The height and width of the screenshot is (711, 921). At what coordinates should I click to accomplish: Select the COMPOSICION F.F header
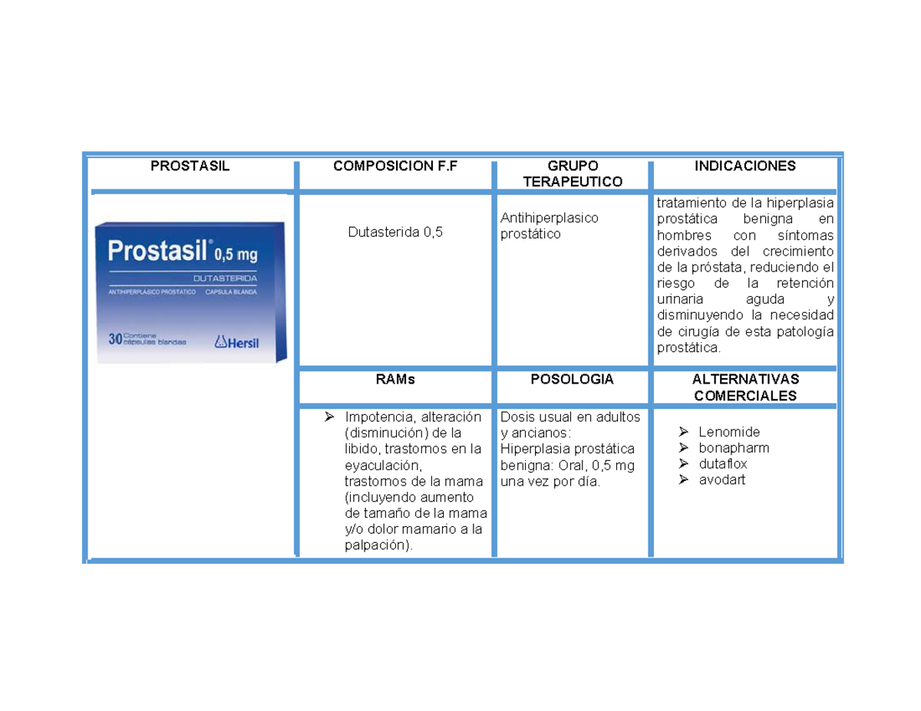394,166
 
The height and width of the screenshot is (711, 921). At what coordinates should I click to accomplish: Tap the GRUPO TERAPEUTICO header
573,173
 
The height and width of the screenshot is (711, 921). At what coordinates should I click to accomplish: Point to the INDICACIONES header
744,166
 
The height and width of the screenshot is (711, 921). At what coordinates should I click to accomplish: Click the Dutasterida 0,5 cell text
394,232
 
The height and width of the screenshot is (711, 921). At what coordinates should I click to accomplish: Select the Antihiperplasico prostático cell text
549,225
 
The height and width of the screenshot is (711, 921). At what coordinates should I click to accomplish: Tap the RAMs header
394,379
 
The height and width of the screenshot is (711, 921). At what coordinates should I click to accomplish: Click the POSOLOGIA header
573,379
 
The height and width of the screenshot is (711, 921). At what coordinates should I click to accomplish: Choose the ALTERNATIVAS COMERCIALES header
744,387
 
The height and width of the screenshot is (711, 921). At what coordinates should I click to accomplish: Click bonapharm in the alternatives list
733,448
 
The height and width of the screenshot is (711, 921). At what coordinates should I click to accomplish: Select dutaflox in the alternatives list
723,464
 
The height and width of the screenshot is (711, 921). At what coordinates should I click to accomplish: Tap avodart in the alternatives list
721,480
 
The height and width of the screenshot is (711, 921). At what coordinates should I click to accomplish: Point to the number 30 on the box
114,339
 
